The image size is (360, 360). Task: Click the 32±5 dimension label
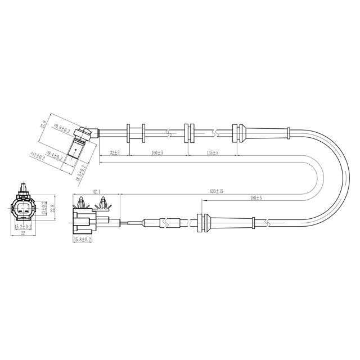click(115, 152)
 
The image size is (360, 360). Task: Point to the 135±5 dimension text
click(213, 152)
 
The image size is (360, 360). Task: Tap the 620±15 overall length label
click(217, 191)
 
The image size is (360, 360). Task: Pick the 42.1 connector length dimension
click(96, 191)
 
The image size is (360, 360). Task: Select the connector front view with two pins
click(24, 208)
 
